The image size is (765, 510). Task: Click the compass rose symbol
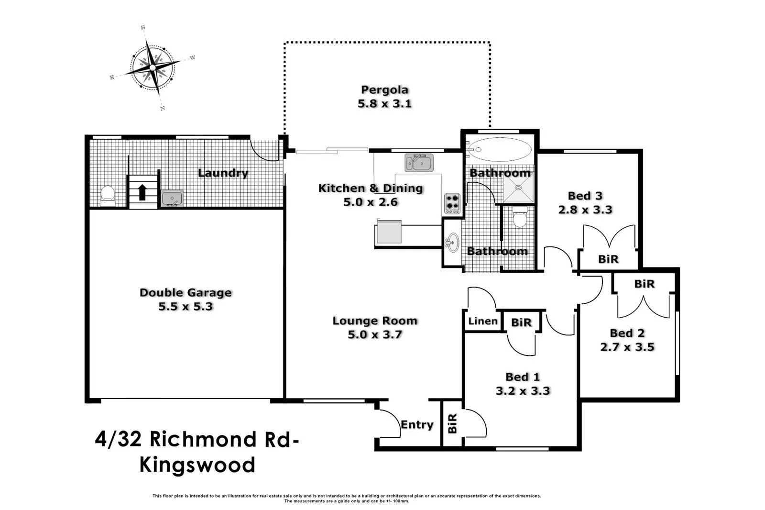coord(153,67)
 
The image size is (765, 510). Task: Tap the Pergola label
coord(384,90)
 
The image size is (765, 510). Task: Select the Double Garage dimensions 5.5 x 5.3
coord(186,306)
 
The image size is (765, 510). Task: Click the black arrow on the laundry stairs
coord(142,192)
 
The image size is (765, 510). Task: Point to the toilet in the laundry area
coord(107,196)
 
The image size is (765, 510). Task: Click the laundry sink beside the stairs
coord(172,198)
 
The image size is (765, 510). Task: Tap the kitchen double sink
coord(419,163)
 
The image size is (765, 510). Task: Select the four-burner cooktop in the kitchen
coord(452,204)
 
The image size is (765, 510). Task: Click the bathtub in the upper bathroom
coord(499,149)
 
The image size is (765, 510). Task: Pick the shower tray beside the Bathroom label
coord(518,188)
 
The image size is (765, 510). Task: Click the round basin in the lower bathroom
coord(453,243)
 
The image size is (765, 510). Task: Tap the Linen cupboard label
coord(483,321)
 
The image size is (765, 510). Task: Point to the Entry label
coord(417,424)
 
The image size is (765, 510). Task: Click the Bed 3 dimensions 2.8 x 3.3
coord(585,210)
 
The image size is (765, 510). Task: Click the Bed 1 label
coord(523,377)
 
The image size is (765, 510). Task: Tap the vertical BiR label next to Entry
coord(452,423)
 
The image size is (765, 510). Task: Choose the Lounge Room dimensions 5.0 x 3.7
coord(375,334)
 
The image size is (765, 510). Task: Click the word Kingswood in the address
coord(197,466)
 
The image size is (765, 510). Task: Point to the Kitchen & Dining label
coord(371,188)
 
